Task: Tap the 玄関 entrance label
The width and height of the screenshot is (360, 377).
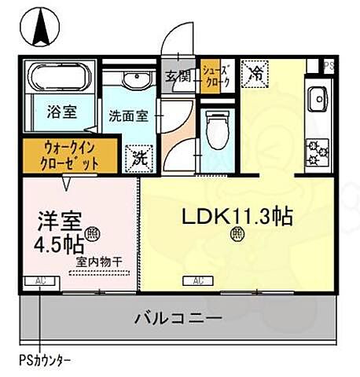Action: pos(178,76)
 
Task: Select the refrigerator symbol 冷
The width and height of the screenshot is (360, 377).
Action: pos(255,71)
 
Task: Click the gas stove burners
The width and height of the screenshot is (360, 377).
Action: pos(318,146)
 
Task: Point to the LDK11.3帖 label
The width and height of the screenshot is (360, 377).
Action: pos(237,215)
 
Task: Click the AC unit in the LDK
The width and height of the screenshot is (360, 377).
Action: pos(200,280)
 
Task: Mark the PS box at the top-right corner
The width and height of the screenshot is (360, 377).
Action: pos(329,65)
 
